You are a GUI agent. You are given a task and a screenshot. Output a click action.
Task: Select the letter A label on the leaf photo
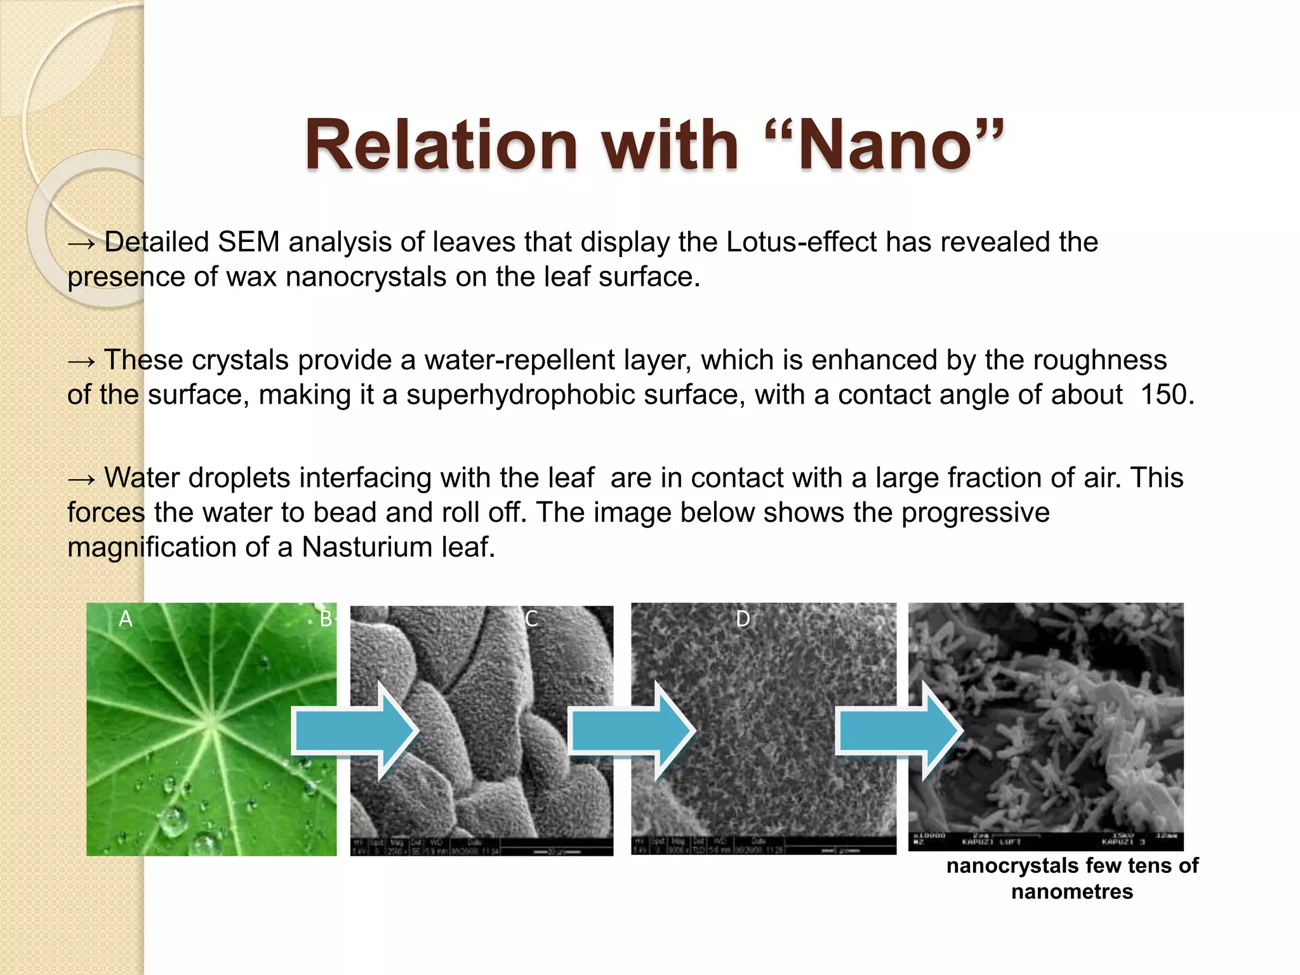pos(126,619)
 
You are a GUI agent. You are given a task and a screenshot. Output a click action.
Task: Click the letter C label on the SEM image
pos(531,619)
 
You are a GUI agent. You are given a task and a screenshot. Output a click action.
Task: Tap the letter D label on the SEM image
pos(743,619)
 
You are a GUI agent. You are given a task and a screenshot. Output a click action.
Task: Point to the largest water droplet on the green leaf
pos(173,821)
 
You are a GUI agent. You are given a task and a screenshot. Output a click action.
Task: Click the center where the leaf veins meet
pos(210,722)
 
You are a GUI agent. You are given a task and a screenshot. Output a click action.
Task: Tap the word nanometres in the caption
pos(1071,892)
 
